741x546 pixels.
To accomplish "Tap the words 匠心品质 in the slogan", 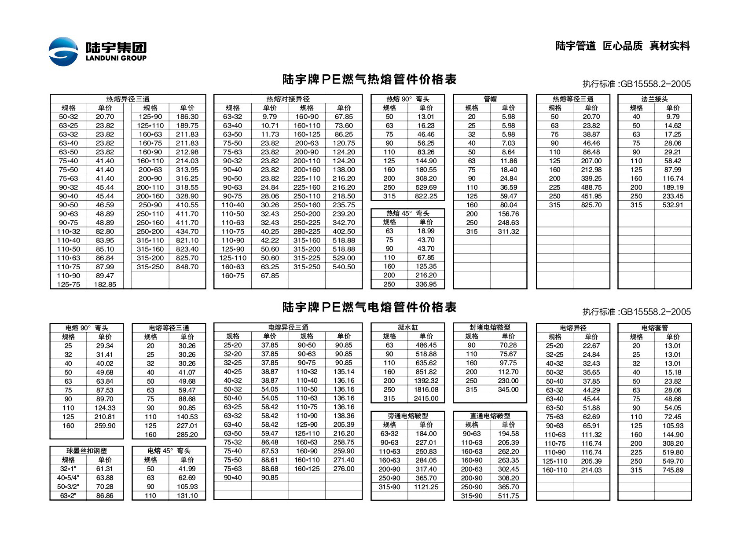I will pos(622,46).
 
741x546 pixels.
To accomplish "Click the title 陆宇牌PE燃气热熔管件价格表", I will pos(369,79).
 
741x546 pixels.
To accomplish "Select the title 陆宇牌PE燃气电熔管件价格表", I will pos(369,307).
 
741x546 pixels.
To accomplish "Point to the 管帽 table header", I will pos(490,99).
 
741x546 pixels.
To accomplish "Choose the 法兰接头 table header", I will pos(654,99).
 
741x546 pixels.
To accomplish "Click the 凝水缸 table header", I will pos(407,327).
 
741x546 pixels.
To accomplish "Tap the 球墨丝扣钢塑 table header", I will pos(86,451).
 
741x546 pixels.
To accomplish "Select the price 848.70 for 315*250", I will pos(187,267).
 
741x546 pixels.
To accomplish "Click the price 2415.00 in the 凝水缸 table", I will pos(426,398).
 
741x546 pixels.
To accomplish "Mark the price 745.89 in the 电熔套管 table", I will pos(673,470).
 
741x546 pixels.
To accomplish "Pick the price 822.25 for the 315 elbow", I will pos(426,196).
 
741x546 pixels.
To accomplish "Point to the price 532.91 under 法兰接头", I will pos(673,205).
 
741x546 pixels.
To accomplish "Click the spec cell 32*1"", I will pos(68,469).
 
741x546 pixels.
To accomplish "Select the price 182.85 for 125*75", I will pos(105,284).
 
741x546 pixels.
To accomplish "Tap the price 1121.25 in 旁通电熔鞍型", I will pos(426,487).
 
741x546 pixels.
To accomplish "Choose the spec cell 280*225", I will pos(307,231).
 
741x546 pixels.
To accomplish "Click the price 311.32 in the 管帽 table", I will pos(508,231).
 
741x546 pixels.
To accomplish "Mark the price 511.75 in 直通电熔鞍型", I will pos(508,496).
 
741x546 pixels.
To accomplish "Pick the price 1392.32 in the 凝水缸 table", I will pos(426,381).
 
